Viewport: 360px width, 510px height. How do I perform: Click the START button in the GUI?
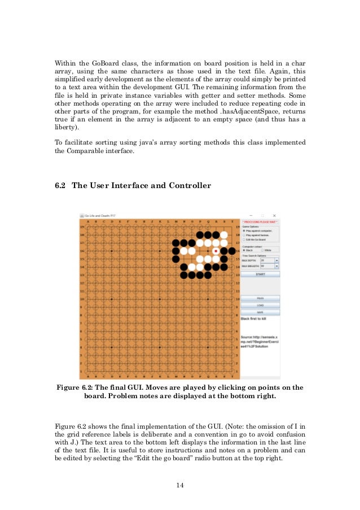point(260,274)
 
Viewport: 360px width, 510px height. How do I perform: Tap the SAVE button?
point(260,312)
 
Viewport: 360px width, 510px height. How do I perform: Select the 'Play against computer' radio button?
point(244,231)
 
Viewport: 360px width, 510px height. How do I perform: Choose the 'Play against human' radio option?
point(244,236)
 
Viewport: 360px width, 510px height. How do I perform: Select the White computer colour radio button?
point(263,250)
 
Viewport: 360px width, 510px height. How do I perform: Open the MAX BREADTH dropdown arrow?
point(277,266)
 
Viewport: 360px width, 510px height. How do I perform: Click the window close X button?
point(274,215)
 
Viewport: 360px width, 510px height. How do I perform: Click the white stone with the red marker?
point(216,251)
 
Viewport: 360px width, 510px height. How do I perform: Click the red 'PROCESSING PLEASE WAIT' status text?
point(260,222)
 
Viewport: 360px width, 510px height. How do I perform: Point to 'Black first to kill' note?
point(253,319)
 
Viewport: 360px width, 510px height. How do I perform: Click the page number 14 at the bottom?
point(180,485)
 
